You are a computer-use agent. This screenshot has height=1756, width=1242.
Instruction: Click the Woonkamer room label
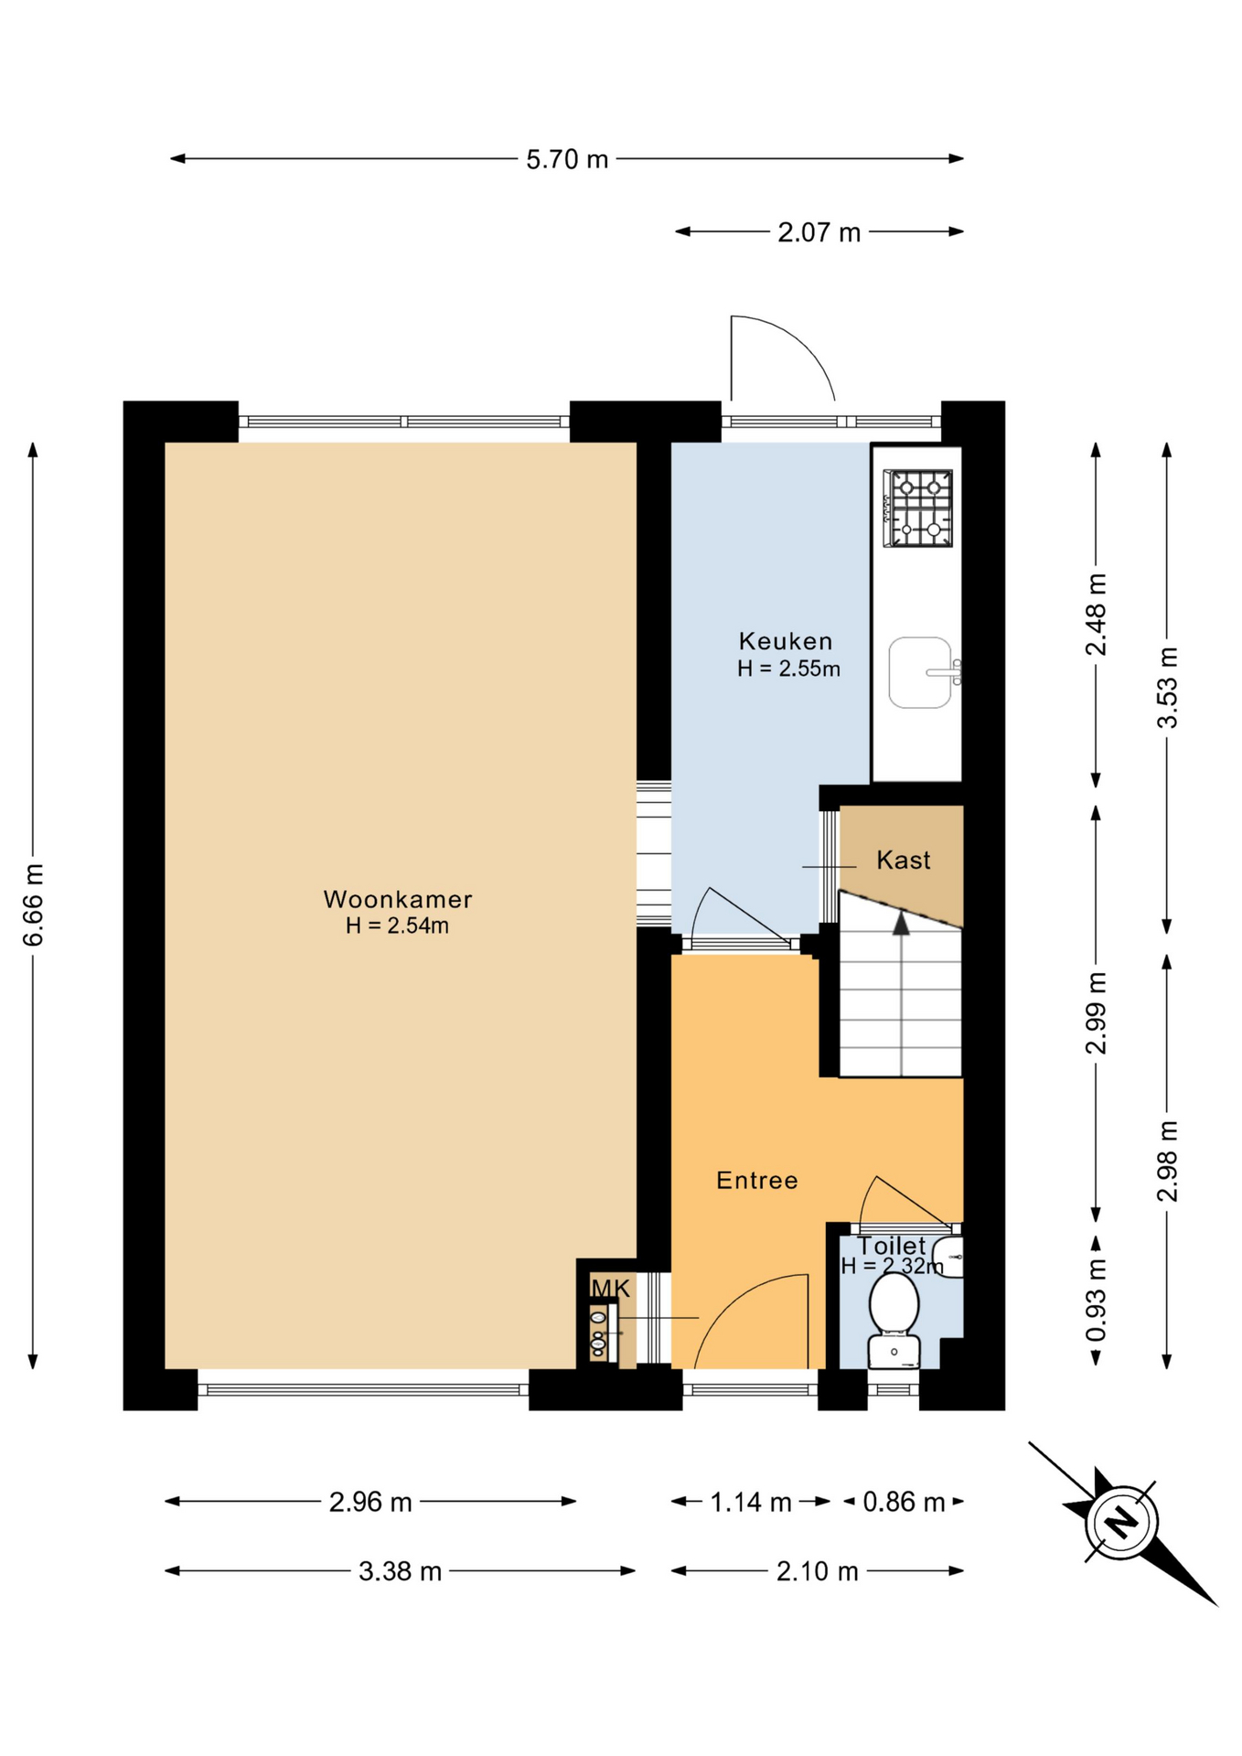(398, 899)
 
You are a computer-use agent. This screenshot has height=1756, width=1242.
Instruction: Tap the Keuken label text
(786, 641)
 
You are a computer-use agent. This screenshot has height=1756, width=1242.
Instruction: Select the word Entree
(757, 1181)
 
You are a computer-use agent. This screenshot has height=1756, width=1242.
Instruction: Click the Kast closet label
(904, 860)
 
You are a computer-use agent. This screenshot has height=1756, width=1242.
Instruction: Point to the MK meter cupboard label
(611, 1289)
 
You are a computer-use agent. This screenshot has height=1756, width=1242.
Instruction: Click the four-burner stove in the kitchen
(917, 508)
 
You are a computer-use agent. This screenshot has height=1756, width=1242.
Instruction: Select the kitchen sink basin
(921, 672)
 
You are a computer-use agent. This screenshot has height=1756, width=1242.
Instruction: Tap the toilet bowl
(894, 1302)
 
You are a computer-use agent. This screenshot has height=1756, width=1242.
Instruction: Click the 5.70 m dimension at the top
(567, 159)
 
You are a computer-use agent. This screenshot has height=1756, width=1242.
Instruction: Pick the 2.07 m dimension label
(819, 232)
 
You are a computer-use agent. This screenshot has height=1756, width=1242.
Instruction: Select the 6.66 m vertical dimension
(33, 905)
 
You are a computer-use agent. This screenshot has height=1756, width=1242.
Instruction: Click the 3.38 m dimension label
(400, 1571)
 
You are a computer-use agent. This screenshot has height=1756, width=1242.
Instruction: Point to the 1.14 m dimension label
(751, 1502)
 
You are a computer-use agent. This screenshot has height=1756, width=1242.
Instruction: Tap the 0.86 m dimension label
(904, 1502)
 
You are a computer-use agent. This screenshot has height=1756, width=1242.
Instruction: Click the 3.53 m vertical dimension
(1167, 687)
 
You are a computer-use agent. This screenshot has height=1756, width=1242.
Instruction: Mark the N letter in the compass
(1121, 1522)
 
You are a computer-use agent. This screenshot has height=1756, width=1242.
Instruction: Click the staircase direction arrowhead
(902, 923)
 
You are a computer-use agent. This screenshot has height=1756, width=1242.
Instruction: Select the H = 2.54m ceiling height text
(397, 926)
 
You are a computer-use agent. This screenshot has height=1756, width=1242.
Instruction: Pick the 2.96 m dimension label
(370, 1502)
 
